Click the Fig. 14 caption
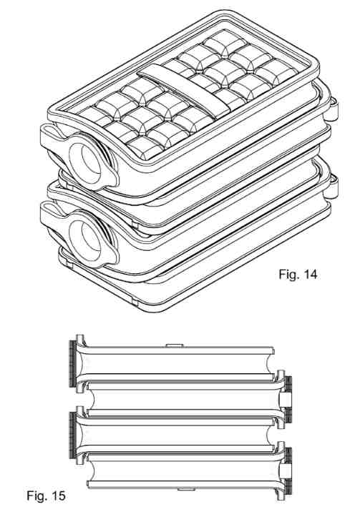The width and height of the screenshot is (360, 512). click(298, 275)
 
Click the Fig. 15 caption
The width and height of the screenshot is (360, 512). click(46, 496)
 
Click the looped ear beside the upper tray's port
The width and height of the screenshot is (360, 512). click(52, 137)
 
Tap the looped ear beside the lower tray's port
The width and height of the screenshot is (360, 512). click(52, 214)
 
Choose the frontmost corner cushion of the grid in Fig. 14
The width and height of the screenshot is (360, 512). click(145, 148)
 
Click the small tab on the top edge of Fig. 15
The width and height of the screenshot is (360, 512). click(174, 345)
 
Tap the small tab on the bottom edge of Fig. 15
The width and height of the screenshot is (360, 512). click(186, 490)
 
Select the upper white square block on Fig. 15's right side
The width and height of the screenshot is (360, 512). click(285, 399)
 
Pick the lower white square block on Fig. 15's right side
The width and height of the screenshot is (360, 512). click(285, 471)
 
